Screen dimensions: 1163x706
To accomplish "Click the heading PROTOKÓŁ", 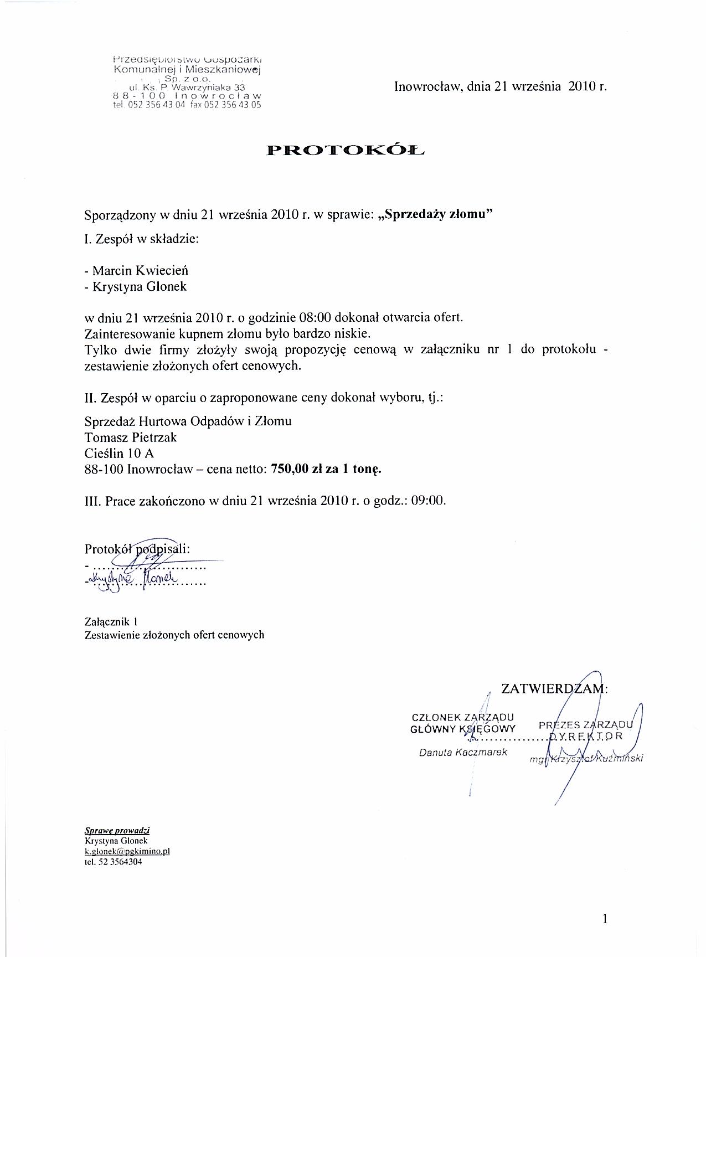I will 346,150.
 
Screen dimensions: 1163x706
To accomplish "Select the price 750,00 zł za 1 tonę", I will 327,469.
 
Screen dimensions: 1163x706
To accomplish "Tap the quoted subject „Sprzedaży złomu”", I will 434,215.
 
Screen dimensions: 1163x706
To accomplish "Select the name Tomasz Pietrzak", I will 131,438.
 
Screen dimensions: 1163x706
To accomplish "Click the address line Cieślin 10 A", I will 119,454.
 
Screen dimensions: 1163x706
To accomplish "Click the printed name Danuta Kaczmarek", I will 463,753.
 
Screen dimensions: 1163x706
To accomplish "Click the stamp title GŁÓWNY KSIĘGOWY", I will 463,729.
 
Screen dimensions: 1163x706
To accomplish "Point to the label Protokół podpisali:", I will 137,549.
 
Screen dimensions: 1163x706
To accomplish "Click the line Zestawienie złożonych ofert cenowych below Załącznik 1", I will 174,635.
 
